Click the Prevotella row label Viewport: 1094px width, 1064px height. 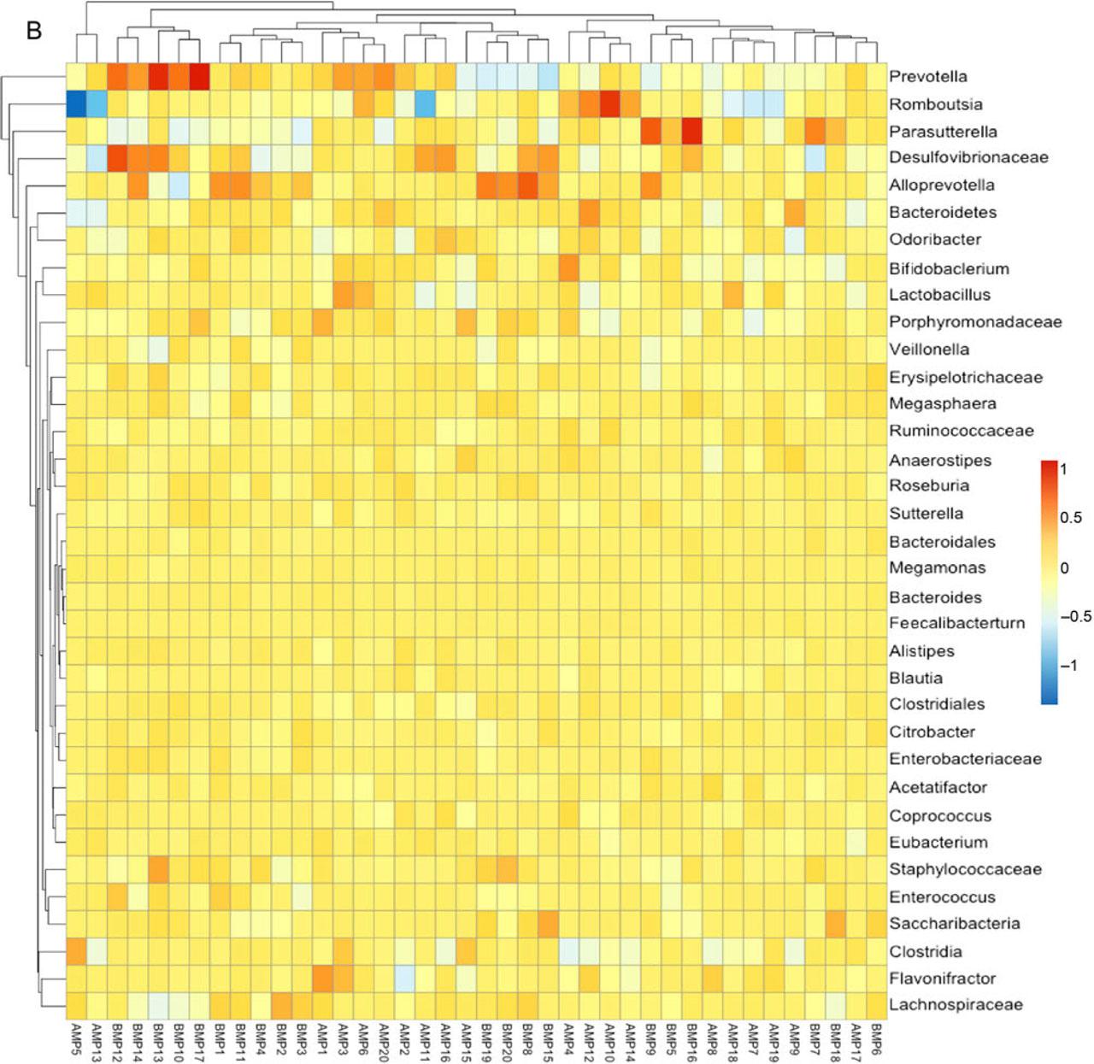coord(927,77)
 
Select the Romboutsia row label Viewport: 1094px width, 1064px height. coord(935,104)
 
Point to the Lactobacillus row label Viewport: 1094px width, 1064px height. coord(939,295)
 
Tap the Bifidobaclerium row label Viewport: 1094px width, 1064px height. coord(949,268)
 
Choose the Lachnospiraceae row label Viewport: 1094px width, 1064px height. coord(956,1005)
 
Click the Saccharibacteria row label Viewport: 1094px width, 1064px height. coord(954,924)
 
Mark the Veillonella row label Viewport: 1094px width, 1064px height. coord(929,350)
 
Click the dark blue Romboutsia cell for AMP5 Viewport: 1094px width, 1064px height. coord(77,104)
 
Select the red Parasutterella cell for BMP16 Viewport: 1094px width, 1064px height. coord(691,132)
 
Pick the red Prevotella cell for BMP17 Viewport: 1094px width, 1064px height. coord(199,77)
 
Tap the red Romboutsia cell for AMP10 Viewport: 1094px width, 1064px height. coord(609,104)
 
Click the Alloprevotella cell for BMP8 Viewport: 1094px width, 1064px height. coord(527,185)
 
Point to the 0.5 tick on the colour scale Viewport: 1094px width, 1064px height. coord(1071,518)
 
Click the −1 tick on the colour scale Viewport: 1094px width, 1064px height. coord(1068,666)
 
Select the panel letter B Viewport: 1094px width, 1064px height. coord(34,31)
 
